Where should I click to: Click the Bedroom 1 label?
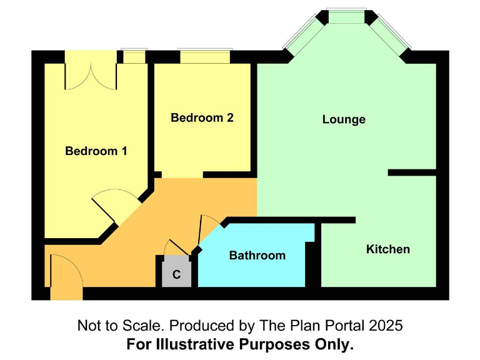click(96, 151)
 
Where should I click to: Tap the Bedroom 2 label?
click(202, 117)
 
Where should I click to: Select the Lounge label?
click(344, 119)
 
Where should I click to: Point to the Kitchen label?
click(387, 249)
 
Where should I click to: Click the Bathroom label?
click(257, 255)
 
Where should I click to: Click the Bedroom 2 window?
click(205, 57)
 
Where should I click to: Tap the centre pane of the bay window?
click(346, 16)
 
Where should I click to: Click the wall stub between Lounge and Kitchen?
click(411, 172)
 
